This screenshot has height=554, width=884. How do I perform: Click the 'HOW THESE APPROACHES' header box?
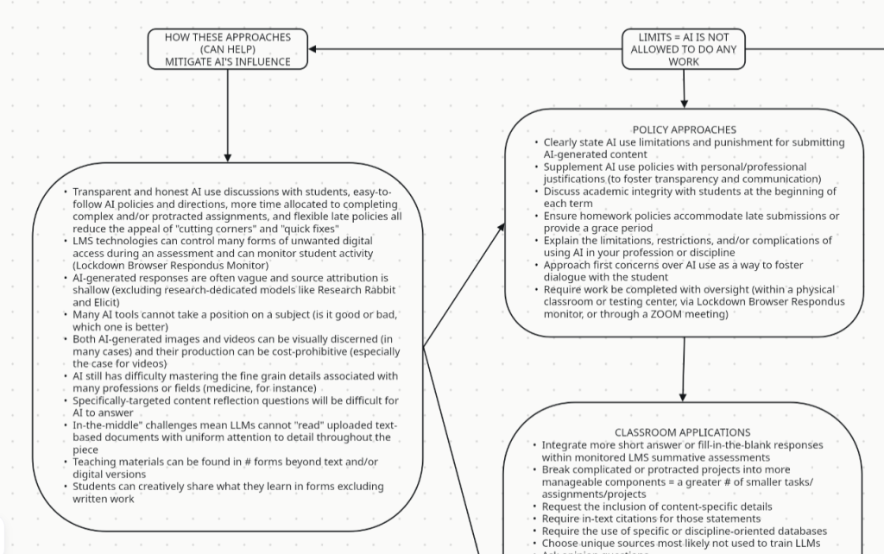tap(228, 49)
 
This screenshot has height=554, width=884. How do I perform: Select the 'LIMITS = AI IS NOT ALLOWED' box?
tap(683, 49)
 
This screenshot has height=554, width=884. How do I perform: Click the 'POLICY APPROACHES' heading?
tap(684, 130)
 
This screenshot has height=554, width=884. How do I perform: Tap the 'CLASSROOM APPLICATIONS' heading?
tap(682, 432)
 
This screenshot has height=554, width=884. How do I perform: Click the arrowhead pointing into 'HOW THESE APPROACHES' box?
tap(313, 49)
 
